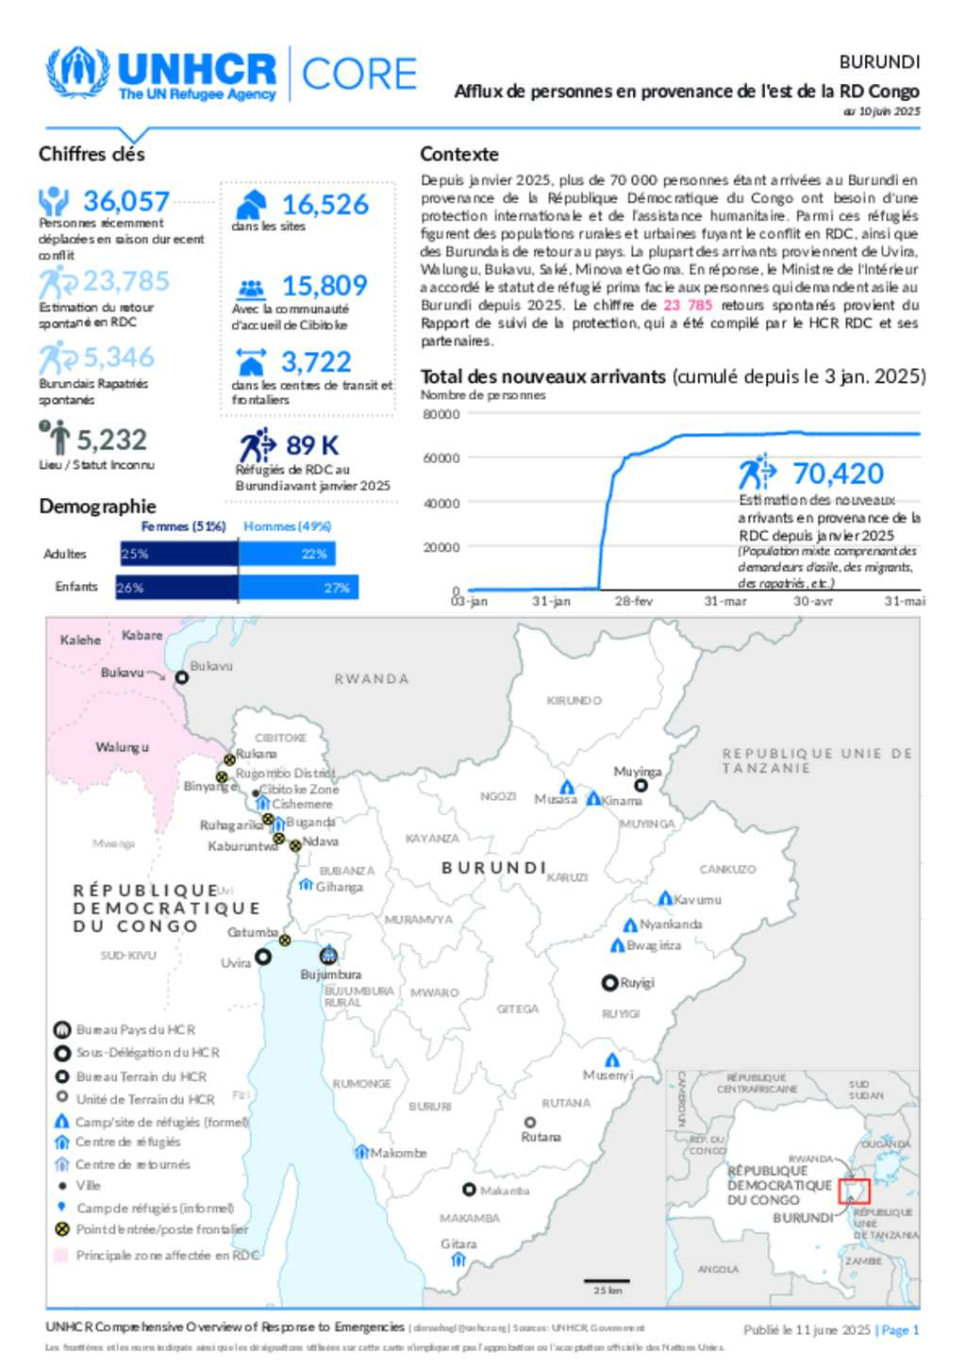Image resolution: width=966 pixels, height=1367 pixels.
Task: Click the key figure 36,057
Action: tap(125, 201)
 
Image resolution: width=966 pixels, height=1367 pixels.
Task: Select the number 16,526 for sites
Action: tap(325, 205)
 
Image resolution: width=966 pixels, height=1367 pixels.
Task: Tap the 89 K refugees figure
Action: tap(311, 444)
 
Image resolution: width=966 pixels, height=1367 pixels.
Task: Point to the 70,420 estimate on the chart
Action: tap(838, 474)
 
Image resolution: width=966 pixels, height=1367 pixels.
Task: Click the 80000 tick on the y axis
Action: tap(441, 414)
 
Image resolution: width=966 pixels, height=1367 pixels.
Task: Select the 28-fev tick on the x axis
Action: tap(633, 601)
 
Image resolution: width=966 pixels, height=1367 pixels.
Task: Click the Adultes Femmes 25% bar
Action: tap(178, 554)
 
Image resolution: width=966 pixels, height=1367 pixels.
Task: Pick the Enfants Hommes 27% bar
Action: tap(298, 588)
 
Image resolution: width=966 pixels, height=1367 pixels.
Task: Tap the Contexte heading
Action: tap(459, 154)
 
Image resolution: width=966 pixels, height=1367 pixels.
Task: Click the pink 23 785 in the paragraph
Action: tap(688, 305)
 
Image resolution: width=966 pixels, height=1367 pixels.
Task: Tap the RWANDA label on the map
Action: tap(372, 678)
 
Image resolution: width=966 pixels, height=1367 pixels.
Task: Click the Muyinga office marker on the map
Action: tap(641, 785)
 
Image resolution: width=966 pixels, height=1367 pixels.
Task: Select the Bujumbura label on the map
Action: tap(330, 974)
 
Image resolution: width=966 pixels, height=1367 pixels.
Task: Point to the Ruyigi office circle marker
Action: tap(609, 983)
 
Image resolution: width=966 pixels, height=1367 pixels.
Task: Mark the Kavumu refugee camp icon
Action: tap(665, 898)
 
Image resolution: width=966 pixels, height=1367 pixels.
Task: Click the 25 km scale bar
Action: tap(607, 1281)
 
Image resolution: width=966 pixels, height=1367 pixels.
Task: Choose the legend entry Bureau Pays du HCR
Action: tap(136, 1029)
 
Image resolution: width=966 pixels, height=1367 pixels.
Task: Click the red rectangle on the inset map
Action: tap(854, 1190)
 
